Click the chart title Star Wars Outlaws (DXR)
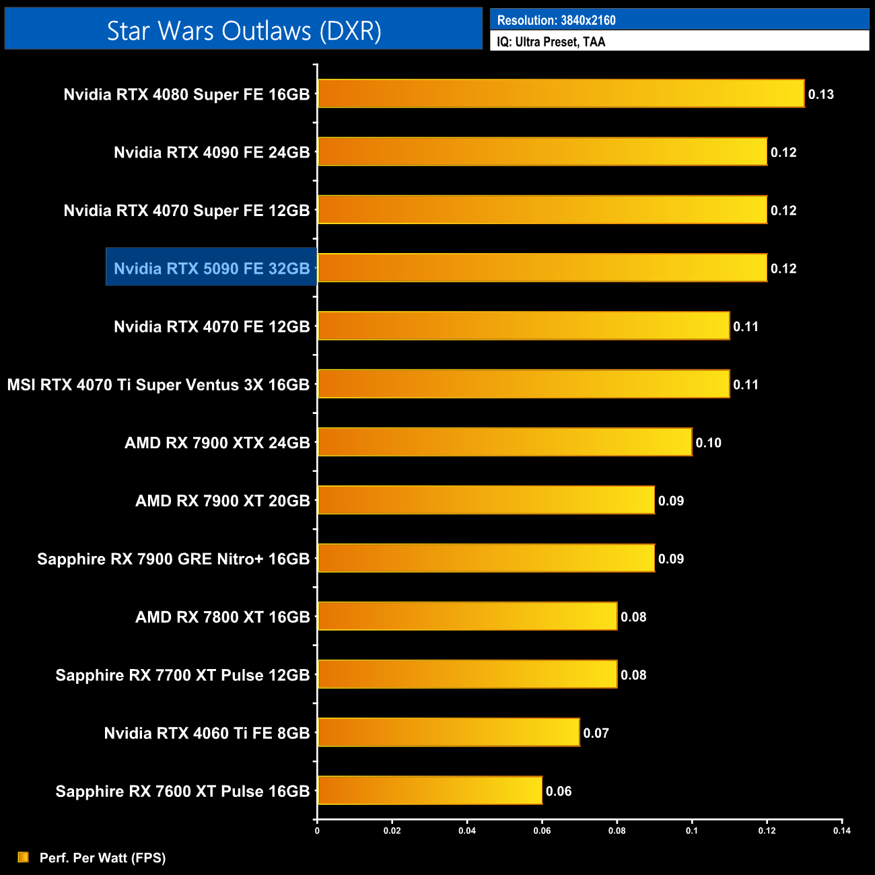(244, 31)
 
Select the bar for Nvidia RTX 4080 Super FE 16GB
(561, 94)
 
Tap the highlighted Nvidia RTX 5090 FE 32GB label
(211, 269)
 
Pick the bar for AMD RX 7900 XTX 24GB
(505, 442)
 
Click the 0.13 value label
(820, 94)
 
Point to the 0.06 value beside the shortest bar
(559, 792)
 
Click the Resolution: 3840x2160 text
(556, 20)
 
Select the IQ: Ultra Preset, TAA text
(551, 42)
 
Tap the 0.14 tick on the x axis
(841, 831)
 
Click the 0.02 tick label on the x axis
(392, 831)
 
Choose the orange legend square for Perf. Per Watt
(24, 857)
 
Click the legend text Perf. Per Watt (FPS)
(102, 858)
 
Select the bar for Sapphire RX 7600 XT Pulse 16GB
(430, 790)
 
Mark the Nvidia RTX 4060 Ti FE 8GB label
(207, 733)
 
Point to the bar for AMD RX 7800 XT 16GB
(467, 616)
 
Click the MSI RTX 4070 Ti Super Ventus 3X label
(158, 385)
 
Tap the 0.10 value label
(708, 443)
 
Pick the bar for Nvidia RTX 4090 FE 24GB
(542, 151)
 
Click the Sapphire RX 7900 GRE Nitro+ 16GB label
(173, 559)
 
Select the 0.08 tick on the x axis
(617, 831)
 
